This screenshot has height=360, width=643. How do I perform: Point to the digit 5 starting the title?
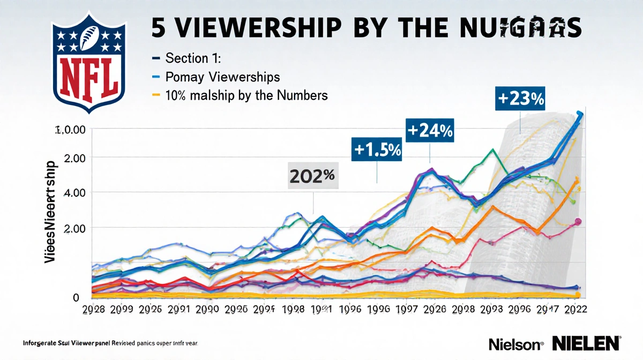159,28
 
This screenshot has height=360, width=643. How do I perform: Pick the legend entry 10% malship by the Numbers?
247,95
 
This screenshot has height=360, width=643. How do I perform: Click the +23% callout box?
521,100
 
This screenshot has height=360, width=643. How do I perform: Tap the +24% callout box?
430,131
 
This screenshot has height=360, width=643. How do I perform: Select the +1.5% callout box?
377,151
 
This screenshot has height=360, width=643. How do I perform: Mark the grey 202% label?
313,177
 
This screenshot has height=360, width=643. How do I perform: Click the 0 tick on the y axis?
76,297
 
